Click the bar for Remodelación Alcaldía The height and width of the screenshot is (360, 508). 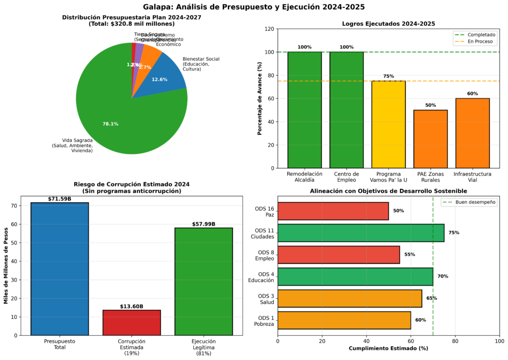[305, 110]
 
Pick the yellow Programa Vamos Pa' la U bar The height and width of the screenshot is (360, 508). [388, 124]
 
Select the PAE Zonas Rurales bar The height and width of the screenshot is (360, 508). [430, 139]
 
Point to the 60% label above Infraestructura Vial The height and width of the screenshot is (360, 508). [472, 93]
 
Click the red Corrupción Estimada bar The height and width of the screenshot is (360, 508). [131, 322]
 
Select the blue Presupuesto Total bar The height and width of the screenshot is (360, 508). [60, 268]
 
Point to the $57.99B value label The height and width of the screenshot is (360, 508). [203, 224]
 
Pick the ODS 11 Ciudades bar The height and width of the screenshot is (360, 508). [361, 233]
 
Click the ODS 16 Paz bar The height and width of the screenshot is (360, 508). [333, 211]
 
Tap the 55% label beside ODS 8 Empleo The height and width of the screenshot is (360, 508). [409, 254]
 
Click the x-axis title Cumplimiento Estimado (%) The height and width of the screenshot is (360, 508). [388, 349]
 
